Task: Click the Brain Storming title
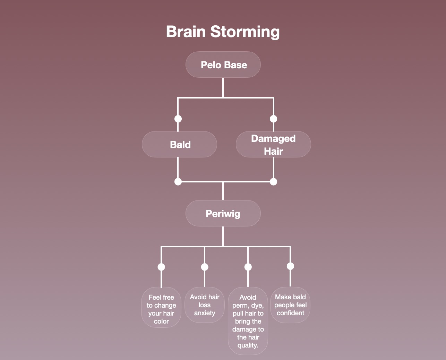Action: (223, 32)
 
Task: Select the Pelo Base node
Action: (223, 65)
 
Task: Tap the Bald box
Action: (179, 144)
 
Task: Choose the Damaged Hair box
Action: (273, 144)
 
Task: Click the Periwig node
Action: (223, 213)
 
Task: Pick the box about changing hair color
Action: (161, 307)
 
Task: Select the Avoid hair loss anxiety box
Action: (205, 305)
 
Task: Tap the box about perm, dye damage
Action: (248, 321)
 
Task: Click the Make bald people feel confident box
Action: (290, 305)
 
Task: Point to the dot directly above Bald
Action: (178, 119)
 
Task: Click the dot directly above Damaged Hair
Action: (274, 119)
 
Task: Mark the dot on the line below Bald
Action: (178, 182)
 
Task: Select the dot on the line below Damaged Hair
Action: (274, 182)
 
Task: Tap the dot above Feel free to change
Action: (161, 267)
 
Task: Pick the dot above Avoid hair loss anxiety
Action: (205, 267)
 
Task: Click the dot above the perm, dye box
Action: (248, 267)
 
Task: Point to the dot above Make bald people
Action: (290, 266)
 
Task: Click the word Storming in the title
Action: (245, 32)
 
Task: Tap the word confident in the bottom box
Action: (290, 313)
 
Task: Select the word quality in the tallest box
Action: (248, 345)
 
